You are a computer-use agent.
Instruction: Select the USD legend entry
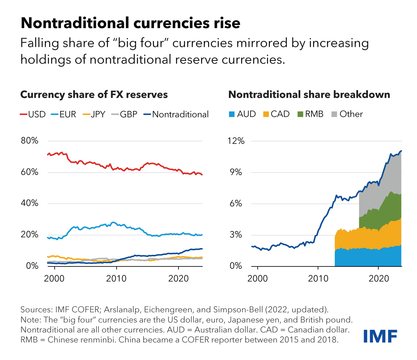33,114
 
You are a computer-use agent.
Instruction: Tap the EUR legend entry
63,114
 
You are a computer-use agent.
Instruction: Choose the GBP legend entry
125,114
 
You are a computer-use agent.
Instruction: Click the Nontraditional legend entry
176,114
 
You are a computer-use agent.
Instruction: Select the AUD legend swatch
232,114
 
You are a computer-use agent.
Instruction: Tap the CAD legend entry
276,114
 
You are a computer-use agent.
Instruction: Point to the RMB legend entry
310,114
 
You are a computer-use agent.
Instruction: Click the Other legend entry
347,114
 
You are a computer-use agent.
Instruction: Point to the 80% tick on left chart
29,141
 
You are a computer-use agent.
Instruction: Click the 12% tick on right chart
236,141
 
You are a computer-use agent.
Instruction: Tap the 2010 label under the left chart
116,278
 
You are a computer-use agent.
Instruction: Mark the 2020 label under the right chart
379,278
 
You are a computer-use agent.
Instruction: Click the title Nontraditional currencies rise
130,23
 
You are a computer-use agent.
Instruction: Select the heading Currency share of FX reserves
94,95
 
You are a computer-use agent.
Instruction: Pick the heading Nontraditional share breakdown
309,95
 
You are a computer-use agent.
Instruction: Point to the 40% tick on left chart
29,203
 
